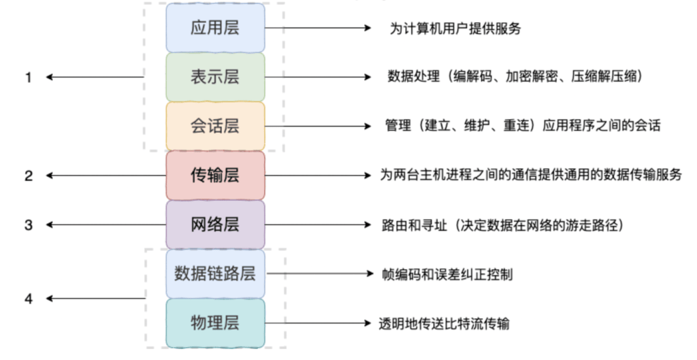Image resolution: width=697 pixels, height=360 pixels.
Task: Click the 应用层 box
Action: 215,29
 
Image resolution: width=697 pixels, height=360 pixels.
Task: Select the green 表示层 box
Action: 215,77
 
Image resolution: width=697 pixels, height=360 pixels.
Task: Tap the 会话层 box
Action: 215,127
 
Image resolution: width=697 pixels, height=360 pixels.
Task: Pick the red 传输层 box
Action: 215,176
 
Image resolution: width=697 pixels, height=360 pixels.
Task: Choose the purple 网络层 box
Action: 215,225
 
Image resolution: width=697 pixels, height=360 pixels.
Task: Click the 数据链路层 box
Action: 215,274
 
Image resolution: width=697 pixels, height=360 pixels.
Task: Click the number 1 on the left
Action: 29,78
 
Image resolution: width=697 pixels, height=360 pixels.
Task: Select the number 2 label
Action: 29,176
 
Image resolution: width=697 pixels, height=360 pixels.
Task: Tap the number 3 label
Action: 29,225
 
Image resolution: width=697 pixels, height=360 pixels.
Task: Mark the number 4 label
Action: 29,298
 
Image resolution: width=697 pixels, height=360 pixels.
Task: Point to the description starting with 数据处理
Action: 515,78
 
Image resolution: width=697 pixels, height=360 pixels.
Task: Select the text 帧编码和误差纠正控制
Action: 448,275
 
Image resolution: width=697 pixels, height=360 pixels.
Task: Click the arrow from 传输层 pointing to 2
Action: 106,176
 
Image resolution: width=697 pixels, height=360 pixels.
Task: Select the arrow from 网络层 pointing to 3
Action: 106,225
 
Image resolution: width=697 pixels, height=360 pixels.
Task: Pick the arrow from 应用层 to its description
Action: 317,29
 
